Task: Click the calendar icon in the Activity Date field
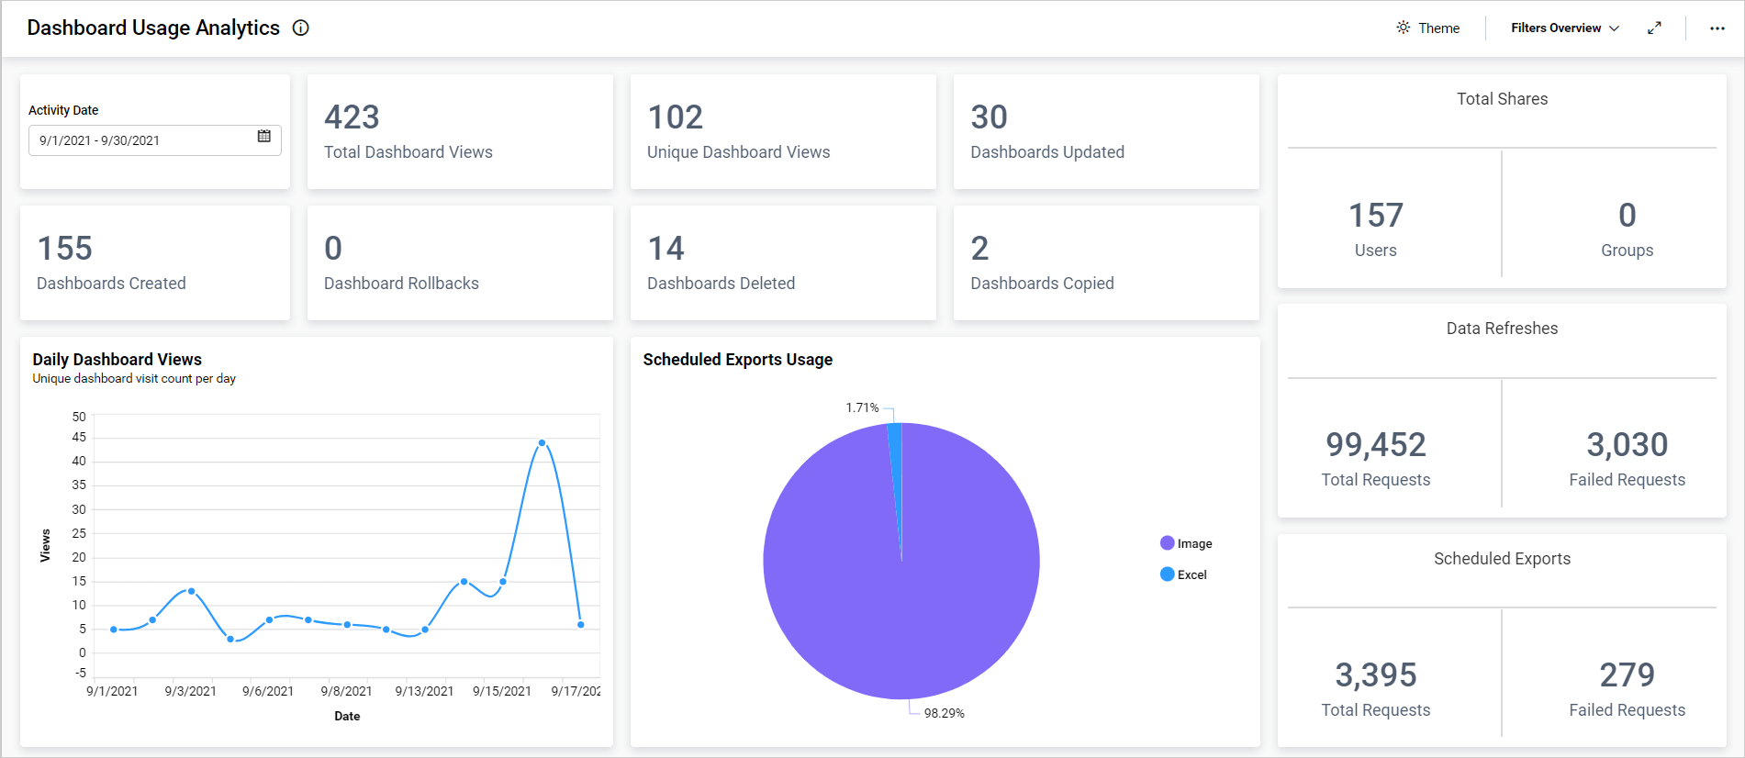click(x=264, y=137)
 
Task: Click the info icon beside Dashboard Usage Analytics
click(x=300, y=28)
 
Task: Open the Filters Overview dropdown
click(x=1564, y=28)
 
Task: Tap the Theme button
click(x=1428, y=28)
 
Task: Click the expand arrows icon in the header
click(x=1654, y=28)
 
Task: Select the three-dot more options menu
click(x=1717, y=28)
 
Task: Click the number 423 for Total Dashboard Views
click(x=352, y=117)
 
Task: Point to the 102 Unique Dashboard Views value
click(x=675, y=117)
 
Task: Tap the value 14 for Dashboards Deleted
click(x=666, y=249)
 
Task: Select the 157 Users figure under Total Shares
click(x=1375, y=216)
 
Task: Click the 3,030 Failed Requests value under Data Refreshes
click(x=1627, y=445)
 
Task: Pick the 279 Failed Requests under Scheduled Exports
click(x=1627, y=675)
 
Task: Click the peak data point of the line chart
click(x=542, y=443)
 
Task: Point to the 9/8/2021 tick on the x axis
click(x=346, y=691)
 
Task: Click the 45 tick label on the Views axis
click(x=79, y=438)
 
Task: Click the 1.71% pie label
click(x=862, y=407)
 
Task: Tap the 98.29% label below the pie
click(x=944, y=713)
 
